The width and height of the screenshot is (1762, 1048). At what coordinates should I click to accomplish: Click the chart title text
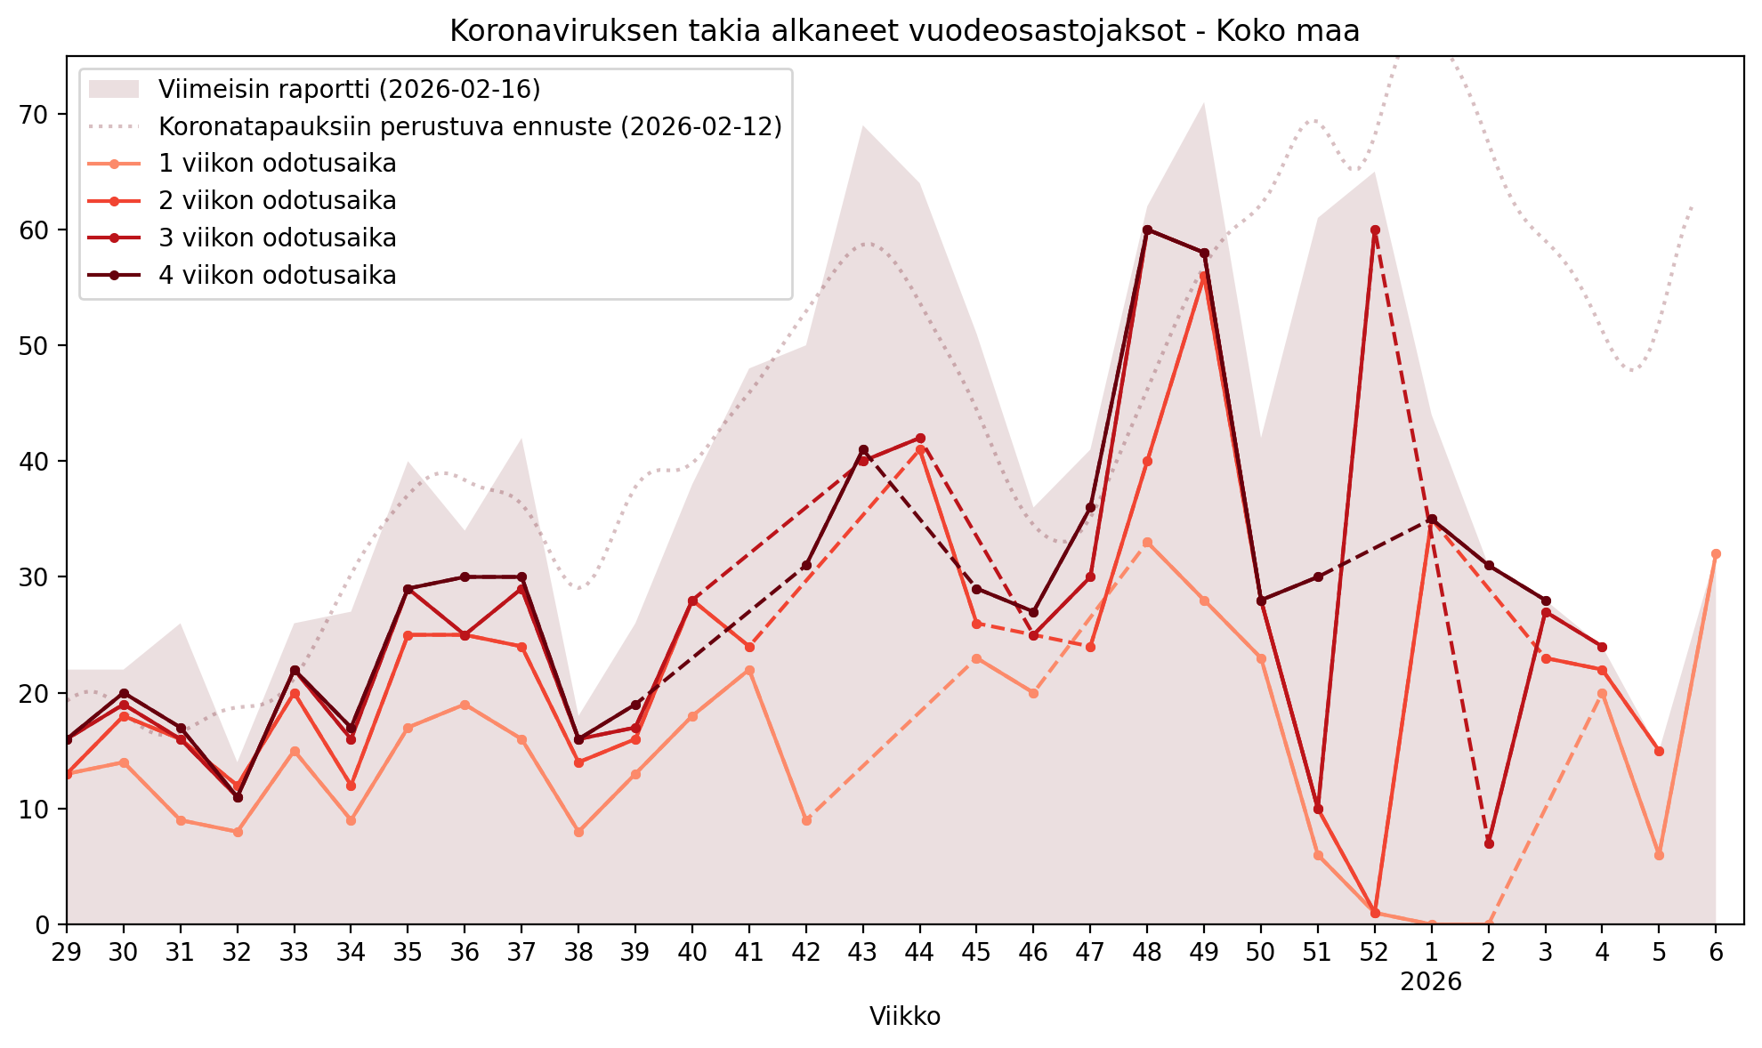[904, 31]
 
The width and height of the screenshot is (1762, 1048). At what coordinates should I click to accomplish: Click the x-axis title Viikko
[904, 1017]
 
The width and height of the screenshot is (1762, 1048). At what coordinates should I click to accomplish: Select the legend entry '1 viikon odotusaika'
[277, 164]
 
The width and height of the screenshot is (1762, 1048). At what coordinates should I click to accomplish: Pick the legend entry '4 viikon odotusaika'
[277, 276]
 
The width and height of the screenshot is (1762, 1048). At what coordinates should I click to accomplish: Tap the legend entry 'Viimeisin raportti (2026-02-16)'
[349, 89]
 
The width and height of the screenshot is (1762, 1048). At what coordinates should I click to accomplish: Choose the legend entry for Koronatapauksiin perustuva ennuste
[470, 126]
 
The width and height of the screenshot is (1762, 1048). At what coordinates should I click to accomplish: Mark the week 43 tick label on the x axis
[862, 953]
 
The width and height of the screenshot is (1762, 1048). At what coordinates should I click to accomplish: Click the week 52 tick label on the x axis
[1374, 953]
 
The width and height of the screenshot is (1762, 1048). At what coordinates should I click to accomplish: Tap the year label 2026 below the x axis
[1431, 982]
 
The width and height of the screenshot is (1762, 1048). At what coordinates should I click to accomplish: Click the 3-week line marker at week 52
[1375, 230]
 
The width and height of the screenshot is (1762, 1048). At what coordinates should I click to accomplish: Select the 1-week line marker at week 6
[1716, 554]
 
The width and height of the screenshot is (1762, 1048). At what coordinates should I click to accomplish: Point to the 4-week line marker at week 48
[1147, 230]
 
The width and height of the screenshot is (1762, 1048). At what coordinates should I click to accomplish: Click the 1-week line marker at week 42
[806, 820]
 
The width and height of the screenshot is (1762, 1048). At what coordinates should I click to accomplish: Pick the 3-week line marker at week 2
[1489, 843]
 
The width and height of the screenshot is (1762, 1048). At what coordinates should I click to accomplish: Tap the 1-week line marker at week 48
[1147, 543]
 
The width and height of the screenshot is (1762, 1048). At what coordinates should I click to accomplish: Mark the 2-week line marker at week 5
[1659, 752]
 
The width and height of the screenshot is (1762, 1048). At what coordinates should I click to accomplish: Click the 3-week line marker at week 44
[920, 439]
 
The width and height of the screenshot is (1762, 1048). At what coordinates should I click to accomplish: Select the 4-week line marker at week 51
[1318, 577]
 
